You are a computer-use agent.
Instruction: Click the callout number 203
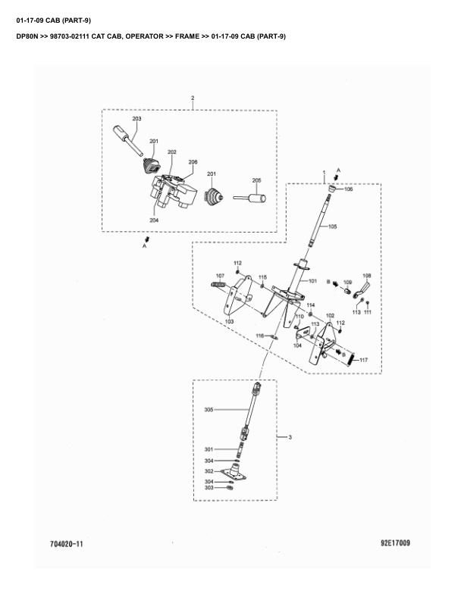point(137,120)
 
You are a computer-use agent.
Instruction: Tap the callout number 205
point(256,180)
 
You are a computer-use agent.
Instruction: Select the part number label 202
point(172,152)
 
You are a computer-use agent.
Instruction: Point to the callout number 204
point(154,220)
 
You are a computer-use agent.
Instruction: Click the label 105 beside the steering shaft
point(332,227)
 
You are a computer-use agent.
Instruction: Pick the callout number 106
point(348,189)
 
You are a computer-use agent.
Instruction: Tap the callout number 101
point(312,280)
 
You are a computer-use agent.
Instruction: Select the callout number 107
point(220,275)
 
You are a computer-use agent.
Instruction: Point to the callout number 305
point(209,410)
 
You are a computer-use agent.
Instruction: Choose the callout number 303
point(208,488)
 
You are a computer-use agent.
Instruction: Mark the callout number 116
point(259,336)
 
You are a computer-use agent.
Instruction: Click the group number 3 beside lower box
point(289,438)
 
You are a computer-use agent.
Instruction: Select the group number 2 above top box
point(193,98)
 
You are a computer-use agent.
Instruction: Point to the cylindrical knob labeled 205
point(258,200)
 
